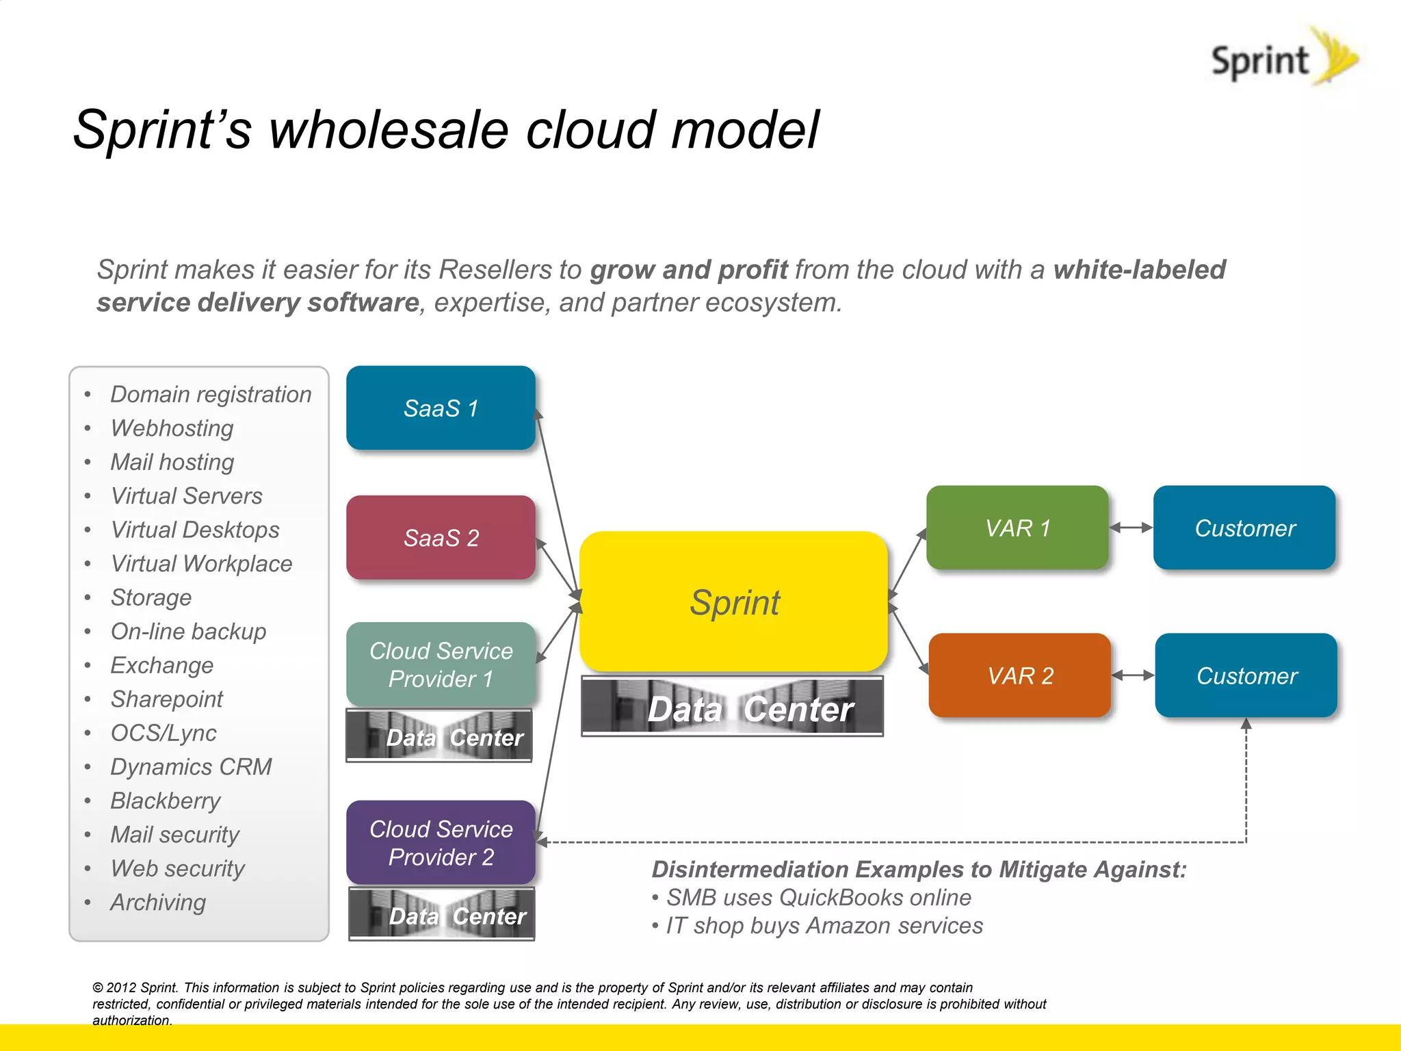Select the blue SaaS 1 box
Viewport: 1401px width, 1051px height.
tap(441, 408)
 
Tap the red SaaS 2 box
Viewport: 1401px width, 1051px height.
tap(441, 538)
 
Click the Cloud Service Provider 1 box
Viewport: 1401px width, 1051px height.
tap(441, 664)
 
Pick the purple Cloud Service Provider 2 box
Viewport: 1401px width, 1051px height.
tap(441, 842)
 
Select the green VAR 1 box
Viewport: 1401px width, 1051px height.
tap(1017, 528)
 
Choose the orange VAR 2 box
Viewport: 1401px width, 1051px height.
tap(1020, 675)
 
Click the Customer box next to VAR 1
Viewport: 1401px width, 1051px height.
tap(1244, 528)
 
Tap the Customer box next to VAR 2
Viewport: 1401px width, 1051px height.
tap(1246, 675)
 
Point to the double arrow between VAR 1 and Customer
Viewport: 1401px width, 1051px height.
tap(1131, 528)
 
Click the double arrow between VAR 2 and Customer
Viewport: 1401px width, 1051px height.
tap(1133, 675)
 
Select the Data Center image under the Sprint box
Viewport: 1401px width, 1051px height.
tap(732, 707)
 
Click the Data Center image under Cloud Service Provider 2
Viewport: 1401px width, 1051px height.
tap(441, 914)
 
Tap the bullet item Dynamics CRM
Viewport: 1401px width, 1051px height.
tap(191, 766)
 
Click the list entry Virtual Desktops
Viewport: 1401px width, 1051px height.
tap(195, 530)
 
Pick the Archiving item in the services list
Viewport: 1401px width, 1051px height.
tap(158, 902)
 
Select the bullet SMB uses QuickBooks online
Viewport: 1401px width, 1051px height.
tap(818, 897)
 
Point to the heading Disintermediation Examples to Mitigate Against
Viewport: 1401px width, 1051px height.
tap(919, 869)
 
